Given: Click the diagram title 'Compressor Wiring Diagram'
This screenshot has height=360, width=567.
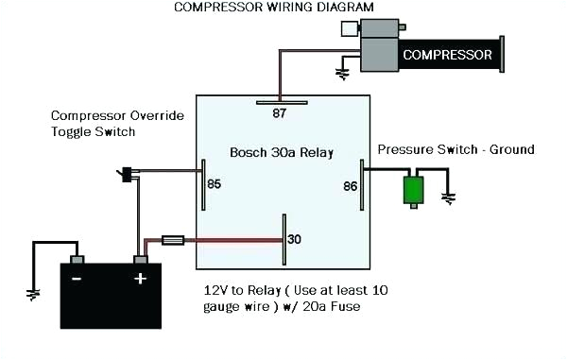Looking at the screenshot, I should [273, 8].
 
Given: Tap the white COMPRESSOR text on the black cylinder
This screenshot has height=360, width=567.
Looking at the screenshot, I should [447, 55].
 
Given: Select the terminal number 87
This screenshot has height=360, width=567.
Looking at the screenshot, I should [280, 113].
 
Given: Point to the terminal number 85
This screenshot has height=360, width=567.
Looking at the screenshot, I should [215, 183].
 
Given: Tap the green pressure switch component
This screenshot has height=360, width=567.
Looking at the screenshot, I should [413, 190].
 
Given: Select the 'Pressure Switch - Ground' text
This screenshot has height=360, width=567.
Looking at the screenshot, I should [455, 149].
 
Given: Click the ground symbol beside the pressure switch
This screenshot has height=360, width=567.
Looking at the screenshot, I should [450, 198].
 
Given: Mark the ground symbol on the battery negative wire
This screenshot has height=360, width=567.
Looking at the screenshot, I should [34, 294].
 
